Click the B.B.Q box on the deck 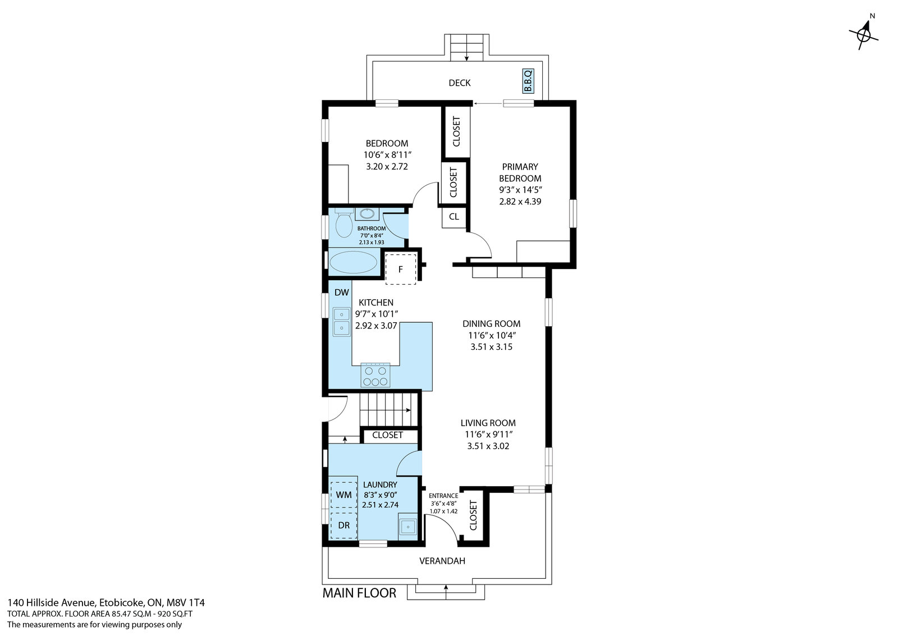point(528,81)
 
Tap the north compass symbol point(864,34)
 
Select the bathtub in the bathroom point(353,262)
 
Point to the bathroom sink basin point(367,214)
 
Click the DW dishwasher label point(342,293)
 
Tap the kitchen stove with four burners point(375,375)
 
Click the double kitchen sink point(342,321)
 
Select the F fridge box point(401,269)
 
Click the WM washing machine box point(343,495)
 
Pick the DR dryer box point(343,525)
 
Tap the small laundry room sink point(408,526)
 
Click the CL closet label point(454,217)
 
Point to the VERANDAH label point(442,561)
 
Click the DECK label point(460,83)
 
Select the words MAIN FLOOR point(359,593)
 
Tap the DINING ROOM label point(492,324)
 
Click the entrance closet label point(473,515)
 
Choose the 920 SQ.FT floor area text point(175,614)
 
